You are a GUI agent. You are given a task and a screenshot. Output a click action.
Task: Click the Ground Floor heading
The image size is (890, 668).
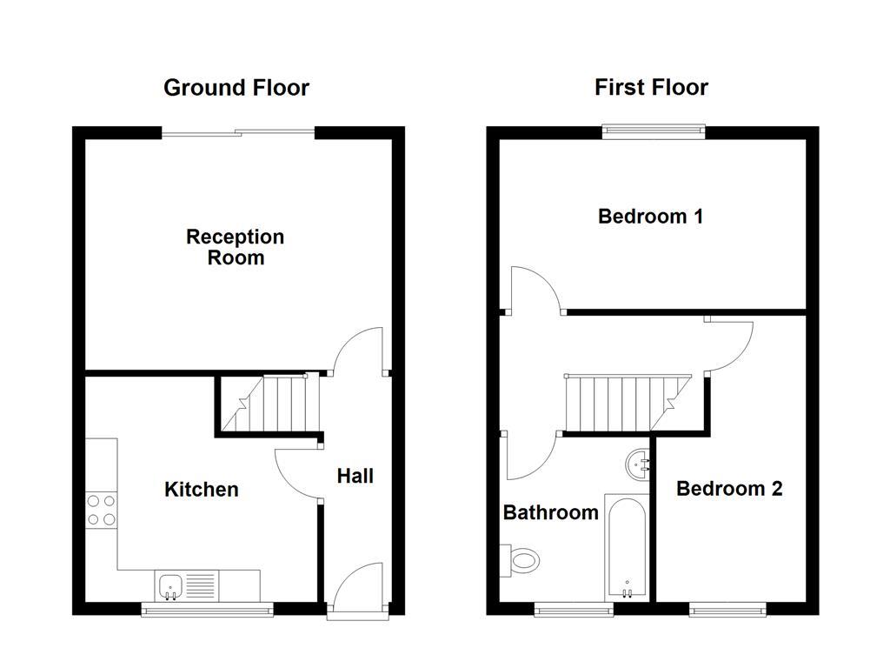tap(236, 88)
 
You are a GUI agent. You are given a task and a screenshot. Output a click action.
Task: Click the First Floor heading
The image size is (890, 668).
tap(651, 88)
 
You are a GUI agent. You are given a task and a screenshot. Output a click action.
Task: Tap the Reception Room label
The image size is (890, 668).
tap(236, 248)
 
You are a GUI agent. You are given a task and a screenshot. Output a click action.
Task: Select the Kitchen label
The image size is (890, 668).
tap(202, 490)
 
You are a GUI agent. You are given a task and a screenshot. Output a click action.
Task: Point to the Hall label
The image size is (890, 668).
tap(355, 476)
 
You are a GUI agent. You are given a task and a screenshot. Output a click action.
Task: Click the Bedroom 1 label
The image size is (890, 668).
tap(650, 217)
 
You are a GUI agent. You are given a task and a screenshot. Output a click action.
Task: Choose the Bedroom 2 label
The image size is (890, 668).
tap(729, 489)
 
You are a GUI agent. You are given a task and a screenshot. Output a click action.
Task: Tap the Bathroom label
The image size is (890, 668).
tap(551, 512)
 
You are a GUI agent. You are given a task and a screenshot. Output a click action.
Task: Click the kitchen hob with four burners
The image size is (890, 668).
tap(101, 510)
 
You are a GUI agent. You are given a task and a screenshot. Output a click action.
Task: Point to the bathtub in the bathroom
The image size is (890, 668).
tap(627, 547)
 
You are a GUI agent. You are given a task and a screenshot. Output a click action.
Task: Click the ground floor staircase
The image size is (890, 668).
tap(270, 404)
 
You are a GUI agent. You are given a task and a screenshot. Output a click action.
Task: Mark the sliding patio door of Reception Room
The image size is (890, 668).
tap(238, 132)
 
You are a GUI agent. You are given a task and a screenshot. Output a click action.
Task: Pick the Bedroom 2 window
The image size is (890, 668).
tap(728, 610)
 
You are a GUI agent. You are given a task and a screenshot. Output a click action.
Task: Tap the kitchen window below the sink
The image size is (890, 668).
tap(208, 610)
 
